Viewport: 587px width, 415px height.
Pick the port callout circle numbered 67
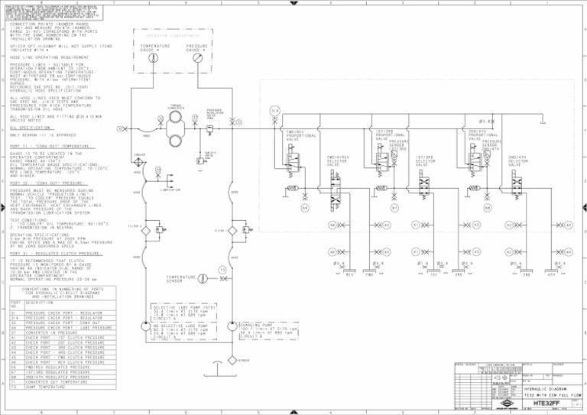[395, 209]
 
